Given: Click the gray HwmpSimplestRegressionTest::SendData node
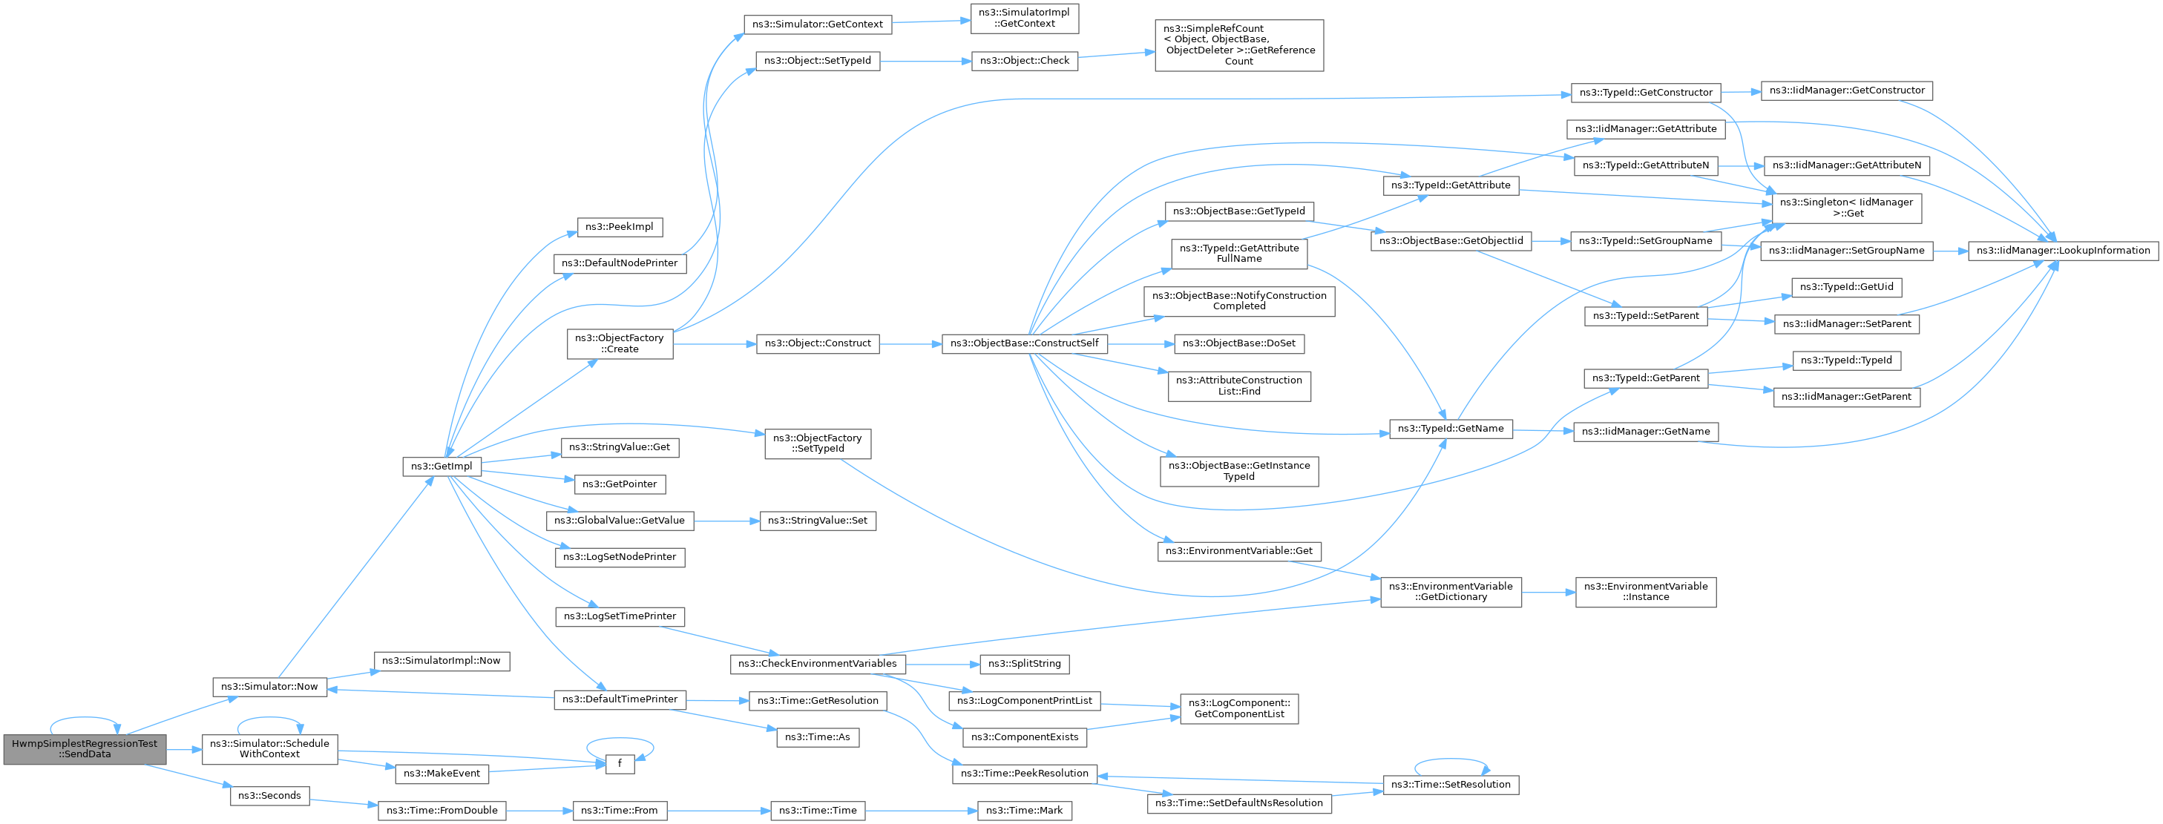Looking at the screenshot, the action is tap(85, 749).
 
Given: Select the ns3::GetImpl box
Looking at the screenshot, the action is tap(442, 467).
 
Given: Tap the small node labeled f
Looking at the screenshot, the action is tap(620, 764).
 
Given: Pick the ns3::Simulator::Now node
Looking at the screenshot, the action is tap(269, 686).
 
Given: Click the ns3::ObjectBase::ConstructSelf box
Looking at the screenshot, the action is tap(1025, 344).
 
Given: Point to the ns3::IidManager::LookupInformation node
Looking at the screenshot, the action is tap(2063, 251).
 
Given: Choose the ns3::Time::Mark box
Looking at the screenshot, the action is tap(1025, 811).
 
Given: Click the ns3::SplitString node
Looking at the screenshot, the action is tap(1025, 664).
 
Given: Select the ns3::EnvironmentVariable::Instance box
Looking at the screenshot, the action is tap(1646, 593).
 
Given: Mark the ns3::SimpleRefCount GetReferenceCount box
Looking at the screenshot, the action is tap(1239, 45).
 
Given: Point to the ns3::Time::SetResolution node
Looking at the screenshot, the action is tap(1451, 785).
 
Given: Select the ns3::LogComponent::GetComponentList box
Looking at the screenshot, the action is tap(1239, 709).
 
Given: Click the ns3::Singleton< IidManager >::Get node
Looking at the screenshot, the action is tap(1846, 208).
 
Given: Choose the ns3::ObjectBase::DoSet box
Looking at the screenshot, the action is tap(1239, 344).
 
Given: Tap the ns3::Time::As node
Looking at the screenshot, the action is tap(818, 737).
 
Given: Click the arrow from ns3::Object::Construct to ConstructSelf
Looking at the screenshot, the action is tap(910, 344).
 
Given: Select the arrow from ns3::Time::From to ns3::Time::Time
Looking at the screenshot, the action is tap(719, 811).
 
